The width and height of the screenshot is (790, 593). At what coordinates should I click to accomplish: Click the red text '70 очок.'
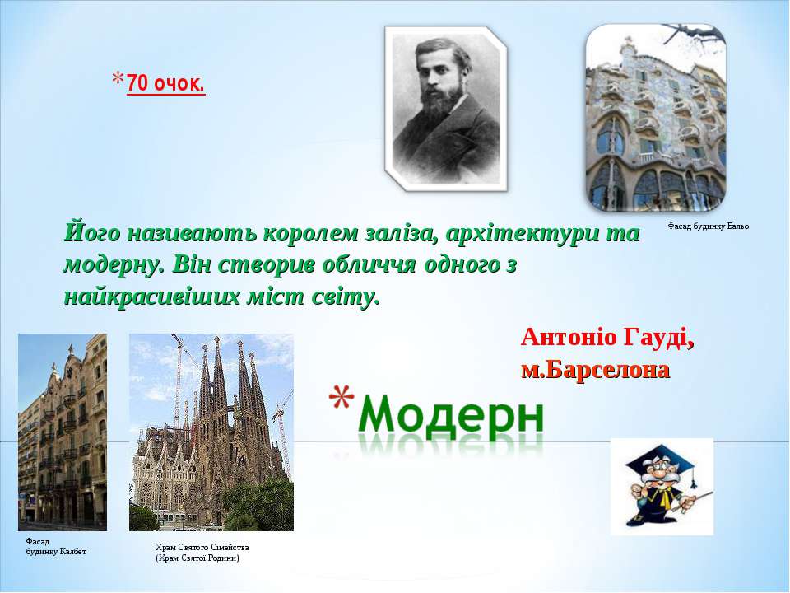165,83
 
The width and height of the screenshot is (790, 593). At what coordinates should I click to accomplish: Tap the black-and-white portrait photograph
446,109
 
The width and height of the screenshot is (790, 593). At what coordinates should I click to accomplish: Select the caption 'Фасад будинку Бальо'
709,226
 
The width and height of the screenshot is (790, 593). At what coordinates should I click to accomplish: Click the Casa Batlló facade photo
656,118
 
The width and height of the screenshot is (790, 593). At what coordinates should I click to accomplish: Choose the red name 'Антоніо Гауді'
607,337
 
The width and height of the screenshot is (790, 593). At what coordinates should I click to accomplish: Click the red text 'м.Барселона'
596,370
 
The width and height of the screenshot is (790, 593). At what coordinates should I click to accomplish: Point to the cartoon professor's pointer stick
692,502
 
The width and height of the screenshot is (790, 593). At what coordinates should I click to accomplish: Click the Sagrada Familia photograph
211,432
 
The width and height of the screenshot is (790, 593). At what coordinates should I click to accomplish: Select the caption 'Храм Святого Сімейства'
202,547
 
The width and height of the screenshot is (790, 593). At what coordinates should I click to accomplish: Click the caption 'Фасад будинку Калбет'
56,547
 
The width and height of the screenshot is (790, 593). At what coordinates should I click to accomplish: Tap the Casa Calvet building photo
63,432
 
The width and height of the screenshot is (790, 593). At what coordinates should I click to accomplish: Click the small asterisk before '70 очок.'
118,79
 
